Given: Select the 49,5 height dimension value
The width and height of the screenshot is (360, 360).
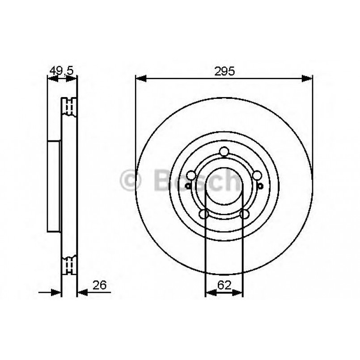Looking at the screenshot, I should click(x=61, y=71).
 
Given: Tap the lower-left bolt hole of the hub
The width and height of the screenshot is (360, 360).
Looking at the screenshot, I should click(x=203, y=215).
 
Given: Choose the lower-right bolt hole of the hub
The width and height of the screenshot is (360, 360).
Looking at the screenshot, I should click(x=244, y=215).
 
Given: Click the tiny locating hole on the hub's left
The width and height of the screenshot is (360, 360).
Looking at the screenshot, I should click(x=187, y=186).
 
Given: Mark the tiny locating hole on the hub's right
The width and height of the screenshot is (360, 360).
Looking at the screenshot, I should click(x=261, y=186).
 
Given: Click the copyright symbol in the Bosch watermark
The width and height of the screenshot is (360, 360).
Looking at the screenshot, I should click(x=131, y=180).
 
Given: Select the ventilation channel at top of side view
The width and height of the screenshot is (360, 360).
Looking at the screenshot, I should click(x=69, y=106).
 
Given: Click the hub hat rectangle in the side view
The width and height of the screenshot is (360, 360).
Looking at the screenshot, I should click(x=54, y=186).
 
